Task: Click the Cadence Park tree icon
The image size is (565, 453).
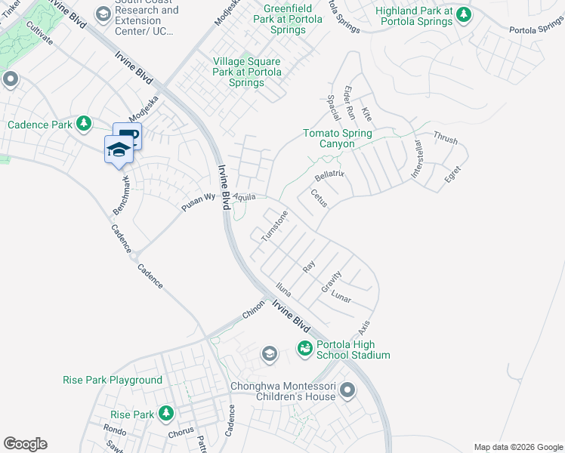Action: click(84, 124)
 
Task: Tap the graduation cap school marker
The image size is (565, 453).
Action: click(119, 149)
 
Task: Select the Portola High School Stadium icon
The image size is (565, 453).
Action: click(304, 348)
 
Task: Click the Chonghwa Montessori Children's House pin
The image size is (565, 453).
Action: click(347, 390)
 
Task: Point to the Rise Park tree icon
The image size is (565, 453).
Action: click(166, 414)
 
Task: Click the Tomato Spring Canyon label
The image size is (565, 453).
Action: click(338, 139)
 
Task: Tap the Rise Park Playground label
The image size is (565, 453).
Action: click(113, 381)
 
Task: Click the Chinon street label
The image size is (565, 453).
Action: click(253, 308)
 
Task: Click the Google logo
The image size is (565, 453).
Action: click(25, 444)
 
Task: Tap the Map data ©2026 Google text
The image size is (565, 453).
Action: click(517, 447)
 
